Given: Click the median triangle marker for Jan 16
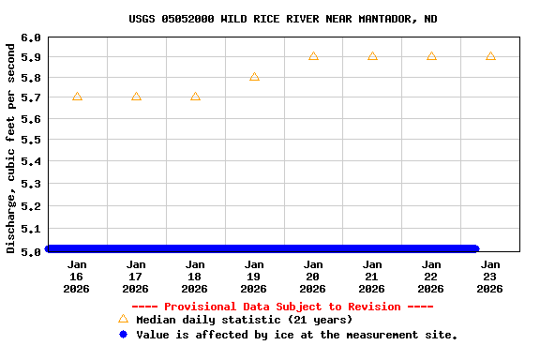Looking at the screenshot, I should point(77,97).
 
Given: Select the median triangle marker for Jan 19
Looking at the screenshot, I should point(254,77).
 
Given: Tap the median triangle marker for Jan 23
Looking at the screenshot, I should point(490,56).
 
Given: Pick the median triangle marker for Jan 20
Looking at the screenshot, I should point(313,56).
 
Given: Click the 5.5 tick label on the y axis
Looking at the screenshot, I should point(30,140).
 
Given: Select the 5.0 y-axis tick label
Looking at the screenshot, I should point(30,251).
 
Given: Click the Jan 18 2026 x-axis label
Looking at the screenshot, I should point(195,277).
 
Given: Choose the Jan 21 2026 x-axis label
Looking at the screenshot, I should point(372,277).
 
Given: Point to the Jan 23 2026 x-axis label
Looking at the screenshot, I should point(490,277).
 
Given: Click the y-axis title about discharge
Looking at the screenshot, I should point(11,145).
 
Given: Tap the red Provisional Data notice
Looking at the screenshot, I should point(282,307).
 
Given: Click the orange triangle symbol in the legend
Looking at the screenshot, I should point(123,319).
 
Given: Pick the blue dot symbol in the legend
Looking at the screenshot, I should point(123,335).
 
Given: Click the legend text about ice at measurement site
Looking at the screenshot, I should point(296,335).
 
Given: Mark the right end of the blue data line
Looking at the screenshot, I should point(475,248).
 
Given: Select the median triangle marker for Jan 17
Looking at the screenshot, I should point(136,97).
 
